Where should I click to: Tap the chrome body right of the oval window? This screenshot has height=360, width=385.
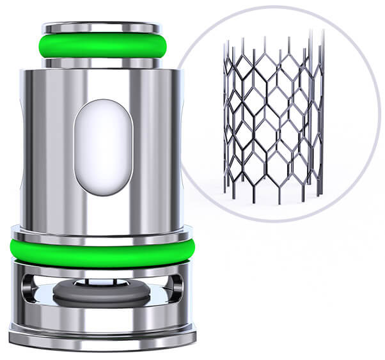pos(157,147)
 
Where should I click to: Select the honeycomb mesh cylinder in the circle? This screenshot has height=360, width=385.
pos(272,121)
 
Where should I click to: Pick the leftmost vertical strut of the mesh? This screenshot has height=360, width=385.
pos(226,121)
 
